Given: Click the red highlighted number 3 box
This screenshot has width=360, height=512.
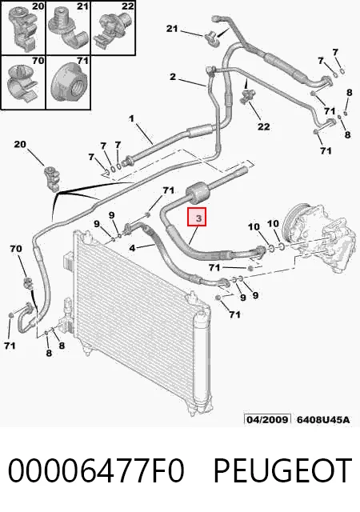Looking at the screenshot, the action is click(x=197, y=217).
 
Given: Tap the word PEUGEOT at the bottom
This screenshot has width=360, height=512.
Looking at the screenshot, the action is click(x=282, y=470).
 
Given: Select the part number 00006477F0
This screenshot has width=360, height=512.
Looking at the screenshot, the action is click(x=96, y=470).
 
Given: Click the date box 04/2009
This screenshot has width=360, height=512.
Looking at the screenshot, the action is click(x=267, y=419).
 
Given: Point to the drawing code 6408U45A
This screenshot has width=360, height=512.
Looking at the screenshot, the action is click(x=322, y=419).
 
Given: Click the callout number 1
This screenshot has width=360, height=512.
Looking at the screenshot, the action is click(x=131, y=118).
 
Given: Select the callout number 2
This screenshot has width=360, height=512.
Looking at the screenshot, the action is click(x=173, y=77).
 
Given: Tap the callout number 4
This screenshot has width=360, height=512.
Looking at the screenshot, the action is click(x=132, y=248).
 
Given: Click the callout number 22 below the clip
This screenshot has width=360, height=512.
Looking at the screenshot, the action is click(x=264, y=126).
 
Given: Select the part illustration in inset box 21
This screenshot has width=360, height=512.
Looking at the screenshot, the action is click(x=67, y=28).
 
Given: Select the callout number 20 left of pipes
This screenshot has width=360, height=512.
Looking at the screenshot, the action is click(x=20, y=144).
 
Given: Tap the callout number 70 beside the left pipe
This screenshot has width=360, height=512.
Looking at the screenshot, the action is click(x=16, y=249).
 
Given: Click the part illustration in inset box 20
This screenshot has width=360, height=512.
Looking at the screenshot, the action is click(x=22, y=28).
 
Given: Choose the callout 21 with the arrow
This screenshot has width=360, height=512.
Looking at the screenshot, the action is click(x=172, y=29).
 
